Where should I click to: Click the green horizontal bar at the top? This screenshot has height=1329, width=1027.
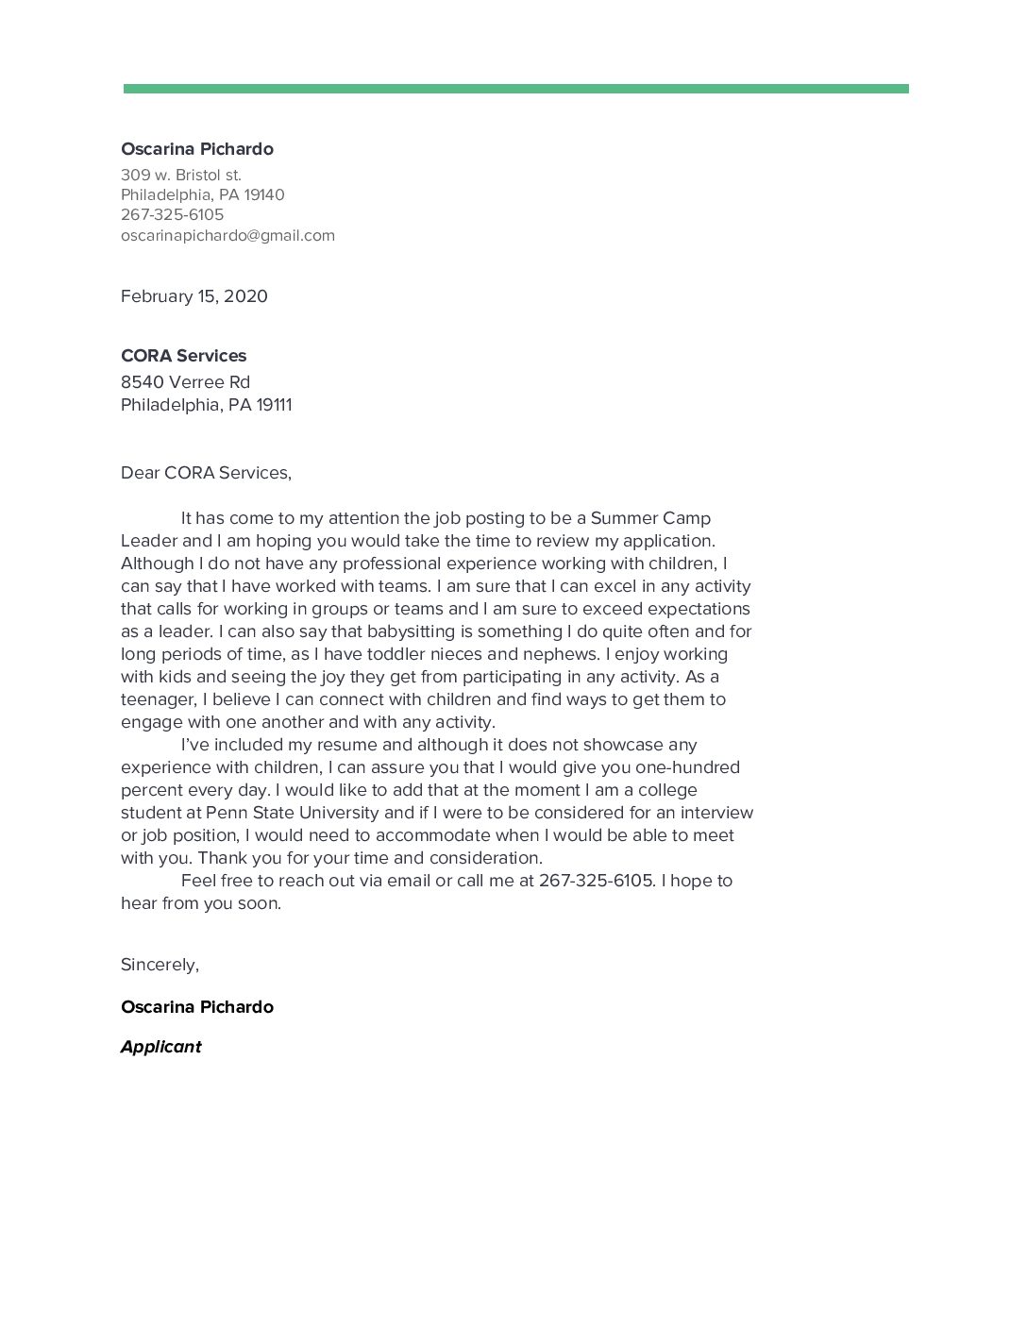[515, 89]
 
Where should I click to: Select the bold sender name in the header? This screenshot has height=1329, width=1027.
[197, 149]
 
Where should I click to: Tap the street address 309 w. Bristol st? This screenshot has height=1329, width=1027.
[181, 175]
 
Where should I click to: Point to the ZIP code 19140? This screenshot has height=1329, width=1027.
[264, 194]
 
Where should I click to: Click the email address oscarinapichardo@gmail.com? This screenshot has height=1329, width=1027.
[227, 235]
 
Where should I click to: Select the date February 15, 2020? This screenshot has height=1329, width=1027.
[194, 296]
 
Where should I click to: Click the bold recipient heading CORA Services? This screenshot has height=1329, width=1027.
[183, 356]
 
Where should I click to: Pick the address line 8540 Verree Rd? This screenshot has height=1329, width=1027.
[185, 382]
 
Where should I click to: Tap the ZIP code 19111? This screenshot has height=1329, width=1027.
[274, 405]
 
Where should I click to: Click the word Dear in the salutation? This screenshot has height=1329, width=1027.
[140, 473]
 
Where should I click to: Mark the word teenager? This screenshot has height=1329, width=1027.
[158, 699]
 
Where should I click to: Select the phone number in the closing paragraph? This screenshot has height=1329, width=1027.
[596, 881]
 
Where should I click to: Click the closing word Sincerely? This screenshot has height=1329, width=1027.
[159, 965]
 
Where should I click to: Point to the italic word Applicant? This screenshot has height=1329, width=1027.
[161, 1047]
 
